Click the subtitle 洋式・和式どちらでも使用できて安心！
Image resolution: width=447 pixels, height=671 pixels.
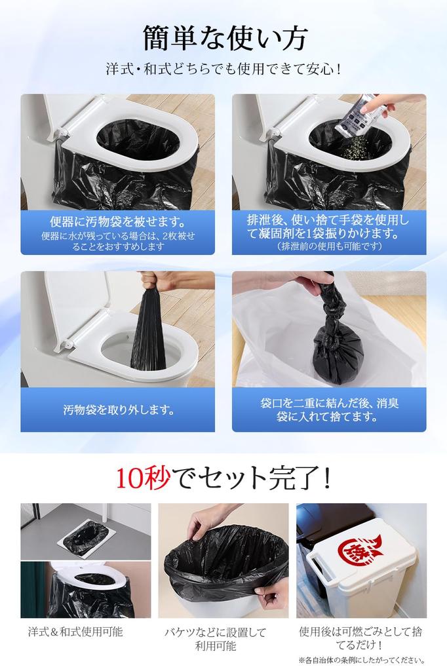coord(223,68)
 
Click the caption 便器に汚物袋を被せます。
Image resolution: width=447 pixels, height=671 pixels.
coord(117,221)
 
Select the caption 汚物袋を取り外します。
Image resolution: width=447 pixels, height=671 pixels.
coord(119,410)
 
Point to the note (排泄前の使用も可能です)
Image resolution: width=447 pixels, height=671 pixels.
coord(329,246)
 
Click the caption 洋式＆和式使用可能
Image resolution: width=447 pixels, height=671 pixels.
coord(75,632)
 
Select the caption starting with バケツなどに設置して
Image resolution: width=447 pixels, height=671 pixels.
coord(216,639)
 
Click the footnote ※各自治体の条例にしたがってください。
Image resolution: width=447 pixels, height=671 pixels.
coord(362,661)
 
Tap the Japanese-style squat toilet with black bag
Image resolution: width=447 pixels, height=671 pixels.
coord(86,538)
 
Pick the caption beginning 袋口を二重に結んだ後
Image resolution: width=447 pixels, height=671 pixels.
coord(329,410)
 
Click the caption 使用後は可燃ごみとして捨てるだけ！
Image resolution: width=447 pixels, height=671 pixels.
coord(362,638)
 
